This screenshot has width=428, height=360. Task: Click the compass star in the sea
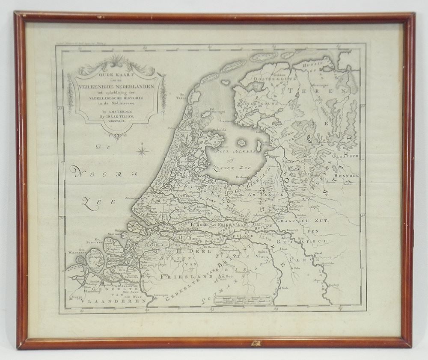[143, 151]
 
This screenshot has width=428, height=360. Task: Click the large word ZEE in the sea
[95, 204]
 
